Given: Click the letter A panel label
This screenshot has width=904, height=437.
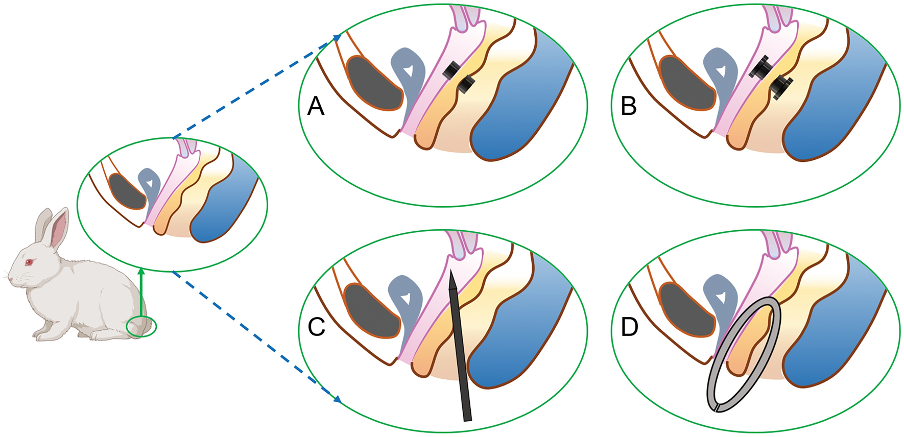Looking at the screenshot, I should click(316, 107).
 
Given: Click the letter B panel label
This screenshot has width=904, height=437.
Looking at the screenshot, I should click(628, 107).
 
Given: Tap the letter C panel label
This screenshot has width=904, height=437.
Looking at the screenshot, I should click(317, 327).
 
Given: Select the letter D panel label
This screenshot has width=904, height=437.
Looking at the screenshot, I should click(629, 327).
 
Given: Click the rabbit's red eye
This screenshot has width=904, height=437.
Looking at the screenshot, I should click(29, 262).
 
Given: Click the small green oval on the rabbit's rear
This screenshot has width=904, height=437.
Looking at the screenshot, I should click(141, 327).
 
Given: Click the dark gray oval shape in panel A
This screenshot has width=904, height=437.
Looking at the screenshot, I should click(374, 83).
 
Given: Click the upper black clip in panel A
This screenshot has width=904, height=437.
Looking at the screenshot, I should click(450, 70).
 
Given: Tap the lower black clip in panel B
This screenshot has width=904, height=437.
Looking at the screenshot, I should click(780, 86).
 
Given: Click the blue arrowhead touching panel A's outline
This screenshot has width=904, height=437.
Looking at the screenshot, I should click(337, 37).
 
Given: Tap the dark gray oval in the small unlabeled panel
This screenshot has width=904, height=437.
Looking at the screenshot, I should click(128, 191).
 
